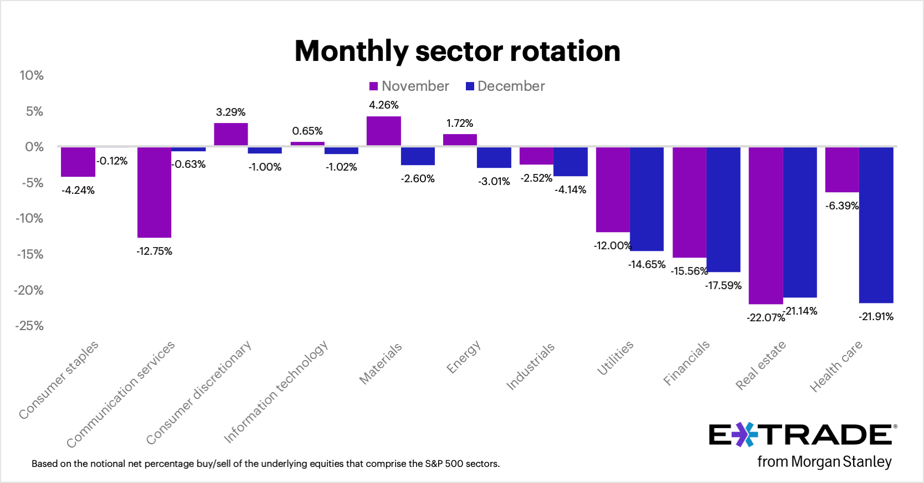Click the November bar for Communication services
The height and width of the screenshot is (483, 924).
coord(154,192)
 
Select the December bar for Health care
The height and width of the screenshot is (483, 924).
coord(876,224)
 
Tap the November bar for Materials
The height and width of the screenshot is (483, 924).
coord(383,131)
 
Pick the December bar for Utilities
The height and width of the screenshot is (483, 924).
coord(646,199)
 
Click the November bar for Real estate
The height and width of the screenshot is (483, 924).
coord(766,225)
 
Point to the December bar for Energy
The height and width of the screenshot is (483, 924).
coord(494,157)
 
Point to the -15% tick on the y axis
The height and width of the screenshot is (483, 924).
coord(30,254)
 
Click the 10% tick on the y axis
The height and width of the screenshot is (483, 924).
coord(32,75)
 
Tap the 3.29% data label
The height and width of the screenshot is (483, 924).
coord(230,112)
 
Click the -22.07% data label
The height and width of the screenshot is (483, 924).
coord(766,317)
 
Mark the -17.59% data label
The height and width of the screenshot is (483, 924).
coord(723,285)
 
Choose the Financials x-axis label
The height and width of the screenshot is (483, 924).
coord(686,363)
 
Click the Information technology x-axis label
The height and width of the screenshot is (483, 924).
coord(275,392)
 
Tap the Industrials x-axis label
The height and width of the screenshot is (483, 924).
coord(530,366)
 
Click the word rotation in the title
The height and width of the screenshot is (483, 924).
coord(565,51)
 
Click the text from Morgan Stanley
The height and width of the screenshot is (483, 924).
coord(824,461)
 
